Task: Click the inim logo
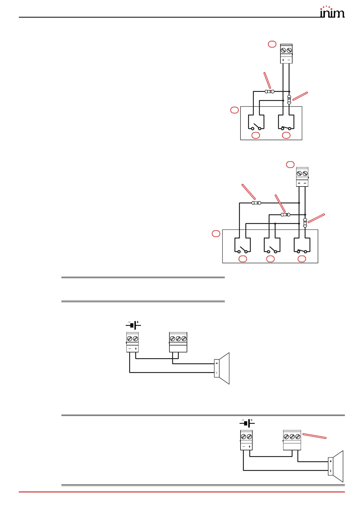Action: click(x=332, y=12)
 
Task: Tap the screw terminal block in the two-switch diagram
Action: click(x=286, y=54)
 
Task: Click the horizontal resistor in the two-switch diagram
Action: click(x=270, y=92)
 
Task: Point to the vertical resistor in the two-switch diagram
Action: click(x=289, y=99)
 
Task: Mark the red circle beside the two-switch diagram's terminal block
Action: click(x=272, y=44)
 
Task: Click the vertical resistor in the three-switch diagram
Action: click(x=305, y=223)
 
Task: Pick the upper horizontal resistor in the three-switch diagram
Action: click(x=256, y=203)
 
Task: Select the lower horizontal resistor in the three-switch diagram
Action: click(x=285, y=215)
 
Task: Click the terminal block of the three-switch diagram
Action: click(x=302, y=177)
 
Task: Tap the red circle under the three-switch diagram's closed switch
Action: click(x=302, y=259)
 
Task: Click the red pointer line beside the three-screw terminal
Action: click(x=314, y=436)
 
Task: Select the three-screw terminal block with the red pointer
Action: click(x=292, y=440)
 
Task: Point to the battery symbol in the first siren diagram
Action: click(x=133, y=325)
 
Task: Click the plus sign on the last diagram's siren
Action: click(x=331, y=461)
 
